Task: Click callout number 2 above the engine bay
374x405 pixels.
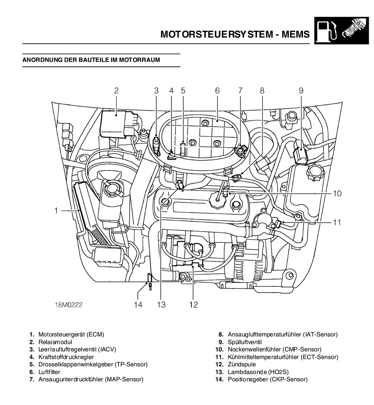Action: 116,91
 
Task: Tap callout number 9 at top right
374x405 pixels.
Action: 301,91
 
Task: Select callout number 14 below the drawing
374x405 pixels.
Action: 138,305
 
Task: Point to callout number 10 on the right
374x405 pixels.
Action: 337,193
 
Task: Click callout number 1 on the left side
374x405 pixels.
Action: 56,211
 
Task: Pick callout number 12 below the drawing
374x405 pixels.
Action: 194,305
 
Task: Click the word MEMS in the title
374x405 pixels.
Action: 295,34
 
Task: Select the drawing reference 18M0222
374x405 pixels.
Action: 68,305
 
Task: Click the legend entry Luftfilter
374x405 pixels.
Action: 49,372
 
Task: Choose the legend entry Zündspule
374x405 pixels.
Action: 242,364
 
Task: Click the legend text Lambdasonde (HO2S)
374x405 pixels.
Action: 258,372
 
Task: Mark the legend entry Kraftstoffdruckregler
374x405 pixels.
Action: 66,357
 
